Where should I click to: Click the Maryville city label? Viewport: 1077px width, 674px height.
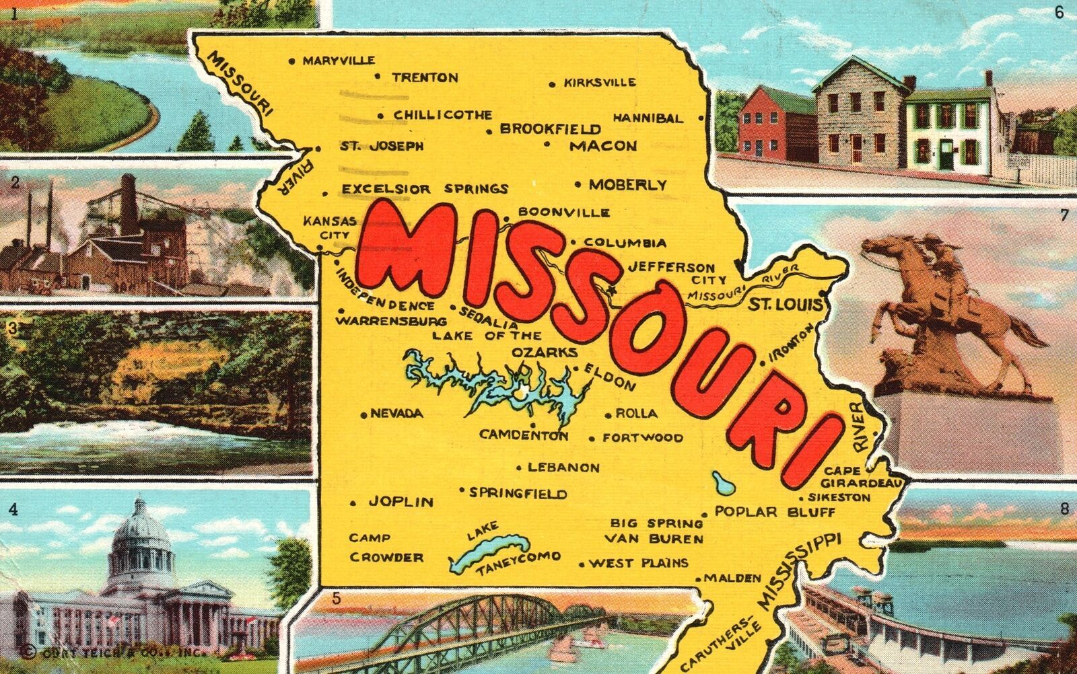[x=338, y=61]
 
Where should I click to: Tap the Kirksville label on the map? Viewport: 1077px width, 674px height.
[x=599, y=83]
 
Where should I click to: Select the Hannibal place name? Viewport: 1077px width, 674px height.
[x=647, y=118]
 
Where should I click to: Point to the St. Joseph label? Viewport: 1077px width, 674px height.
[x=381, y=146]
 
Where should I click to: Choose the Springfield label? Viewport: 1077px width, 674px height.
[x=518, y=494]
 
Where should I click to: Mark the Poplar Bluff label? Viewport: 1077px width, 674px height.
[x=775, y=512]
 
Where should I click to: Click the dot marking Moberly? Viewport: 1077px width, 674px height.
[x=578, y=184]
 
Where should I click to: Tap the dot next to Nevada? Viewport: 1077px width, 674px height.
[x=363, y=414]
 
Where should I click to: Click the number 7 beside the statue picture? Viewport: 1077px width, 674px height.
[x=1064, y=216]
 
